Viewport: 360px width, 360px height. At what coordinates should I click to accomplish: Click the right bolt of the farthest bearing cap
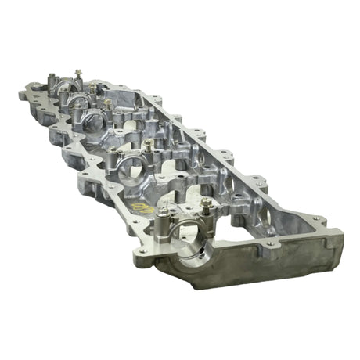click(77, 74)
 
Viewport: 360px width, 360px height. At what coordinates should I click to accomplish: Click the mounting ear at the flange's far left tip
click(21, 93)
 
